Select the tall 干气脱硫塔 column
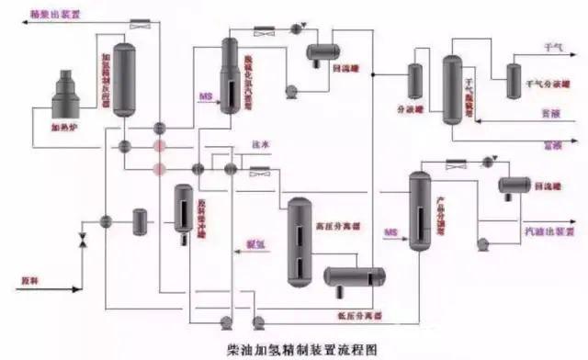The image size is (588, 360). click(451, 89)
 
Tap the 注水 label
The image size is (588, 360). click(259, 145)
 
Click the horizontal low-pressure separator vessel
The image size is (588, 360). click(352, 276)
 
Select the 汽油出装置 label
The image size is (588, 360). click(545, 223)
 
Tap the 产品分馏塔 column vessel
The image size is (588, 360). click(419, 211)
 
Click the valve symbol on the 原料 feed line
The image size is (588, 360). click(82, 242)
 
